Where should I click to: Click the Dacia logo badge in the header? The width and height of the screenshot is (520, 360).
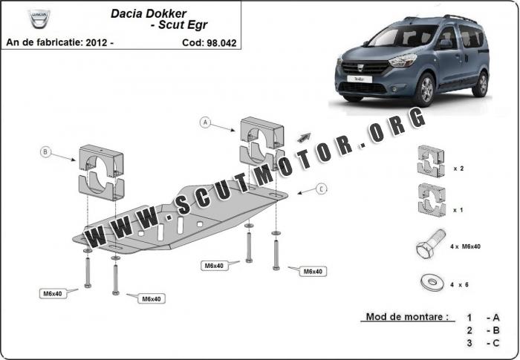39,19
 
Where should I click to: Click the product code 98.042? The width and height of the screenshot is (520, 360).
221,43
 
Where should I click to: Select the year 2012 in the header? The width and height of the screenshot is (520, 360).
96,42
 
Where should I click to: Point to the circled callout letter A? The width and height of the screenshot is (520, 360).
205,122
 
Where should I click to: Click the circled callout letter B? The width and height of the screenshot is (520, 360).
45,152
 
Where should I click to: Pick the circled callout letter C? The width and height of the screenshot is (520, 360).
321,189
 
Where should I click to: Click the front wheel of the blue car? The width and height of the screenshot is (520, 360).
426,89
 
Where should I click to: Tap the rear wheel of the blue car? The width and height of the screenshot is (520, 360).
481,84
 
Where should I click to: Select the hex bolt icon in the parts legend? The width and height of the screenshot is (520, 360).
430,244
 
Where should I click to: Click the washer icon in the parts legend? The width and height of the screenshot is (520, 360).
432,282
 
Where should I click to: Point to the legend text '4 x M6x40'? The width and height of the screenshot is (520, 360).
465,246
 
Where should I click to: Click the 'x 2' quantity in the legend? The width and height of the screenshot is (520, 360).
458,168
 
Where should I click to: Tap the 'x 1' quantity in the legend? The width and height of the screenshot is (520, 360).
458,210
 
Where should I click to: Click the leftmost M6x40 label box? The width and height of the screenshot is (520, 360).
53,293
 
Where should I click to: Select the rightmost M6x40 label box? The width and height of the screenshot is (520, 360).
313,272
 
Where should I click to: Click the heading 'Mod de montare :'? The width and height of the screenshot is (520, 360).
407,316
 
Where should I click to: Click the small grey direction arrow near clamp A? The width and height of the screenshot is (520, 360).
304,137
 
